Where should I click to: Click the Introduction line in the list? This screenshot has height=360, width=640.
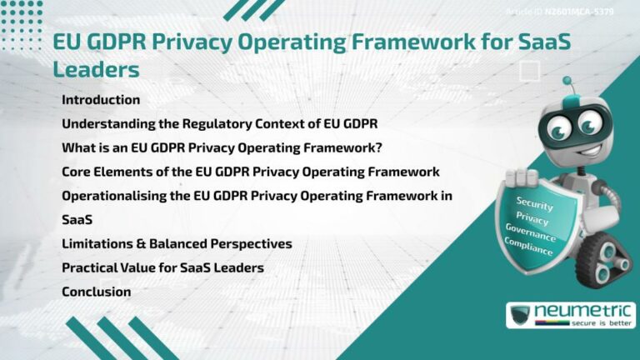click(x=101, y=100)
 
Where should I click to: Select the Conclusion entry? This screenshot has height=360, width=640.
click(x=96, y=292)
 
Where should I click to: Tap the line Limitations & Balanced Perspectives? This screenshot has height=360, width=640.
click(x=177, y=244)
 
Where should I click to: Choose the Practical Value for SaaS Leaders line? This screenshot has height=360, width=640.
click(x=162, y=268)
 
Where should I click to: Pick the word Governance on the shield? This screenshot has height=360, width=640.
click(x=531, y=232)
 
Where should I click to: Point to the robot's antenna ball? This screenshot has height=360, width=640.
click(x=567, y=82)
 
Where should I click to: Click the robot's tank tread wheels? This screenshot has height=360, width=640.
click(x=597, y=255)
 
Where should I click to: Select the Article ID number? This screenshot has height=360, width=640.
click(x=597, y=12)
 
